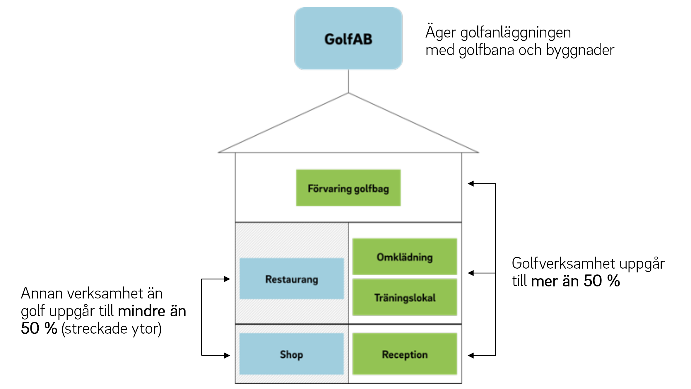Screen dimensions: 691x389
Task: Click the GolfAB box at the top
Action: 348,38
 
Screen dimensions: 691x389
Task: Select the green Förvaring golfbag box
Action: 348,188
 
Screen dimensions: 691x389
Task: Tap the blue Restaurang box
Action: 292,279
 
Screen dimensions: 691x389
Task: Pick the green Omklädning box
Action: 405,257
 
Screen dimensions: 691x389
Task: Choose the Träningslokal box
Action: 405,297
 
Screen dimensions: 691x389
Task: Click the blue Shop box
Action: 292,354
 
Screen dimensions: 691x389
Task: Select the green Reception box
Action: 405,354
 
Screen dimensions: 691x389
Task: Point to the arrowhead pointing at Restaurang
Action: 227,279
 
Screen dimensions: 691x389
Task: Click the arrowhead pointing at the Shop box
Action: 227,355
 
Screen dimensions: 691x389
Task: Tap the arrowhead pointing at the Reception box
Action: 471,355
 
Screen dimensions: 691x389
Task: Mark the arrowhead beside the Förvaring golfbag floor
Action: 471,184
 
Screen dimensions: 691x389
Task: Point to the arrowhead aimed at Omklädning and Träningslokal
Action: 471,273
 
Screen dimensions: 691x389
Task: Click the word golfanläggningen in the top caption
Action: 516,33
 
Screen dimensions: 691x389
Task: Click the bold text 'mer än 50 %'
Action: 576,281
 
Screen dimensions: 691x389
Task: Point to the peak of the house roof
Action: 348,93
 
